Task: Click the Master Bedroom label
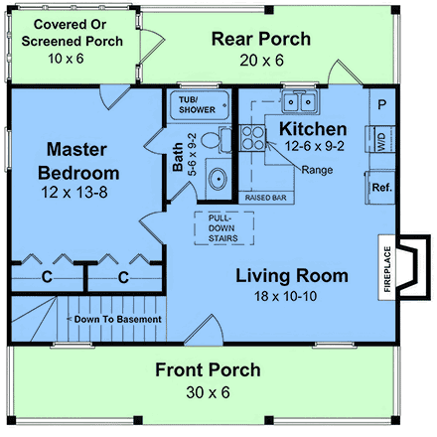78,161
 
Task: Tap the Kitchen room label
313,129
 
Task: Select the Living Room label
292,276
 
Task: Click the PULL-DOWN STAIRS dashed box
224,228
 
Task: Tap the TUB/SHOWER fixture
200,105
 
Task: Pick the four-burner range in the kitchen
252,138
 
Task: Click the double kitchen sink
300,101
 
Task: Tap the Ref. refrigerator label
381,188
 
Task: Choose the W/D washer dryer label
381,142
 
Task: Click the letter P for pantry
381,105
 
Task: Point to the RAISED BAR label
266,198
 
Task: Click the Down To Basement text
118,319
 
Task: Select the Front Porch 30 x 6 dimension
208,392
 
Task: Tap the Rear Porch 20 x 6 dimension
261,61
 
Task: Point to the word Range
317,170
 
